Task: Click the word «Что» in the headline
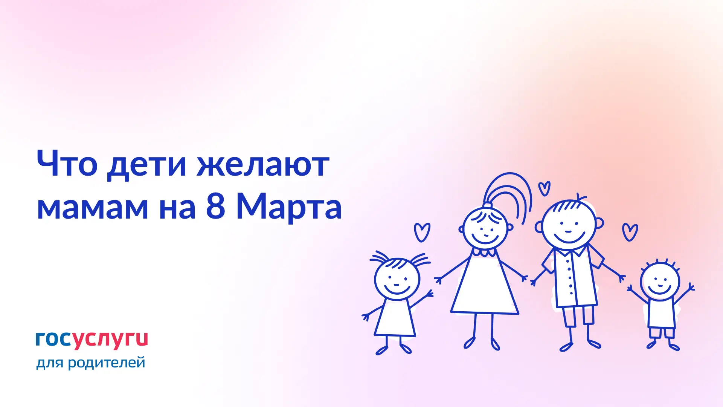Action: [x=67, y=163]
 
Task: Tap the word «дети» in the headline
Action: [x=147, y=166]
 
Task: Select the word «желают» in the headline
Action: [x=263, y=164]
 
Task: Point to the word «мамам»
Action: [x=93, y=208]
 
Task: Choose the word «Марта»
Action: [x=289, y=208]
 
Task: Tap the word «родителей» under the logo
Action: [x=106, y=363]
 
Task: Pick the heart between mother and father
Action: [x=544, y=188]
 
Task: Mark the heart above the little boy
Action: [x=630, y=232]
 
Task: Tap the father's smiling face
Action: [x=569, y=224]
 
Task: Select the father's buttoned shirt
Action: [x=573, y=277]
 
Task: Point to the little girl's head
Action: [x=397, y=279]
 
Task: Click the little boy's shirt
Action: [x=661, y=313]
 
